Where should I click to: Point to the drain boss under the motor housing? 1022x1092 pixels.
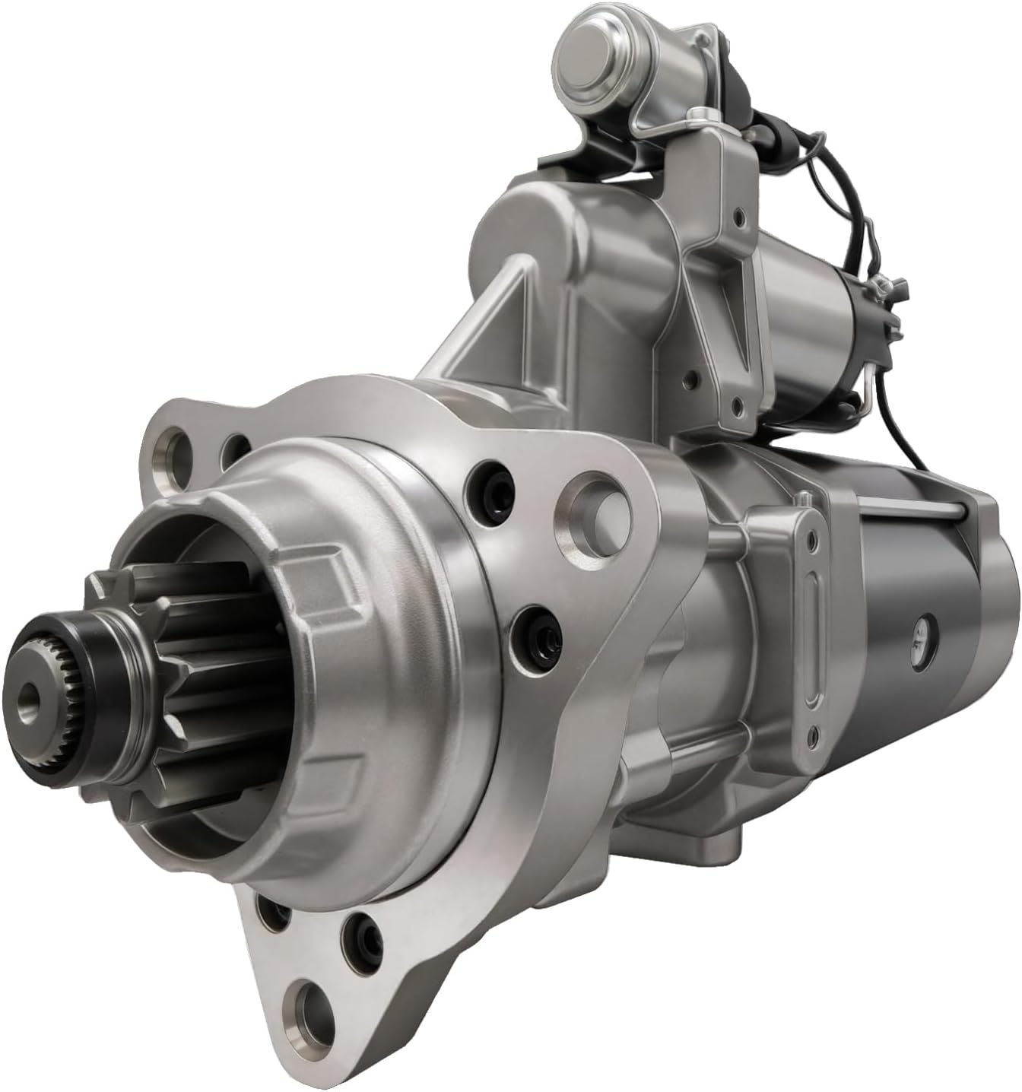719,840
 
